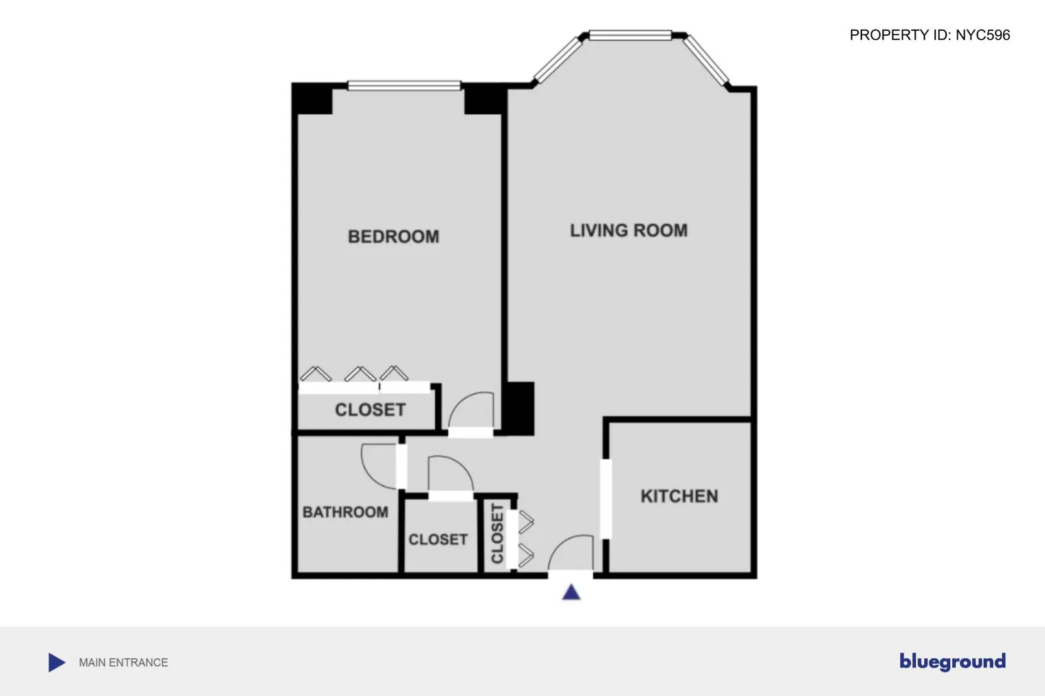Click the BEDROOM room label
[x=393, y=236]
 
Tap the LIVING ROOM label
[x=628, y=230]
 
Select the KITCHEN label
[x=679, y=496]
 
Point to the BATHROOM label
[x=345, y=512]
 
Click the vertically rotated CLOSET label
[x=497, y=533]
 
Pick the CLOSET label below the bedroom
[x=370, y=409]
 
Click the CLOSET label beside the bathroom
[x=438, y=539]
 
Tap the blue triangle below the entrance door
[x=571, y=592]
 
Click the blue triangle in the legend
[x=56, y=662]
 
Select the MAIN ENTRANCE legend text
[x=123, y=662]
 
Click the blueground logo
[x=952, y=661]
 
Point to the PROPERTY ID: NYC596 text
[x=929, y=35]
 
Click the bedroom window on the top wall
[x=404, y=86]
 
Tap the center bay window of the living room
[x=630, y=35]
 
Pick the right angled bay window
[x=705, y=60]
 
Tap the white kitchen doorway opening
[x=606, y=498]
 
